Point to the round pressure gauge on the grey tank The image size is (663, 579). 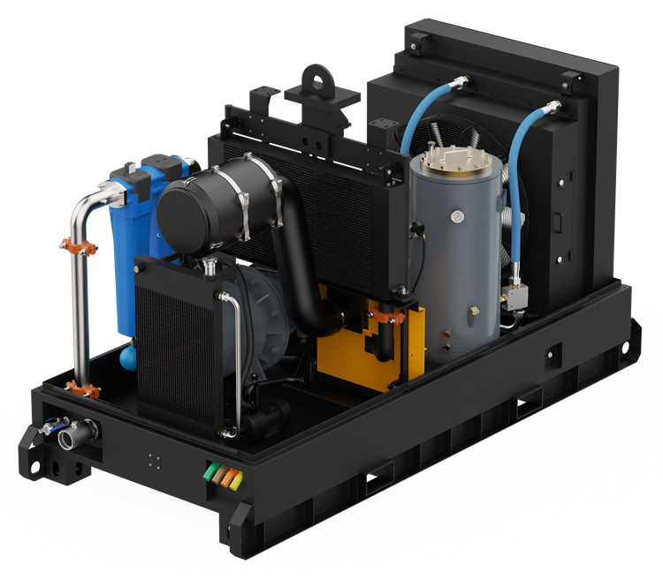point(456,217)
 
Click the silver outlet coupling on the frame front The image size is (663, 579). point(68,436)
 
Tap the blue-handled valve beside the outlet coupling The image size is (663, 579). point(51,425)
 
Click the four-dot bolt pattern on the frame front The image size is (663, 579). point(154,461)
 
